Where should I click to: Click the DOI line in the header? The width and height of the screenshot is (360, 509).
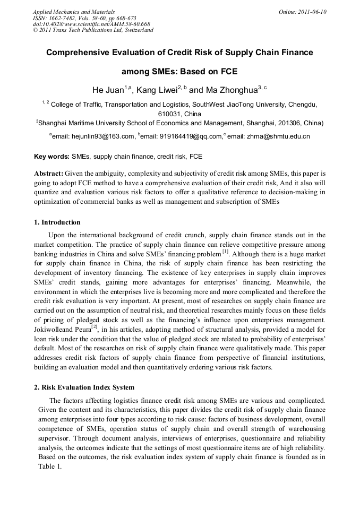pos(91,24)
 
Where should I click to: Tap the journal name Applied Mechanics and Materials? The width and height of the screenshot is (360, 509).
pos(73,12)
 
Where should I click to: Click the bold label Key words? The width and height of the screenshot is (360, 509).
pos(52,157)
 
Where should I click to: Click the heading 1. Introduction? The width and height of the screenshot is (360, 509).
pos(57,222)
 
